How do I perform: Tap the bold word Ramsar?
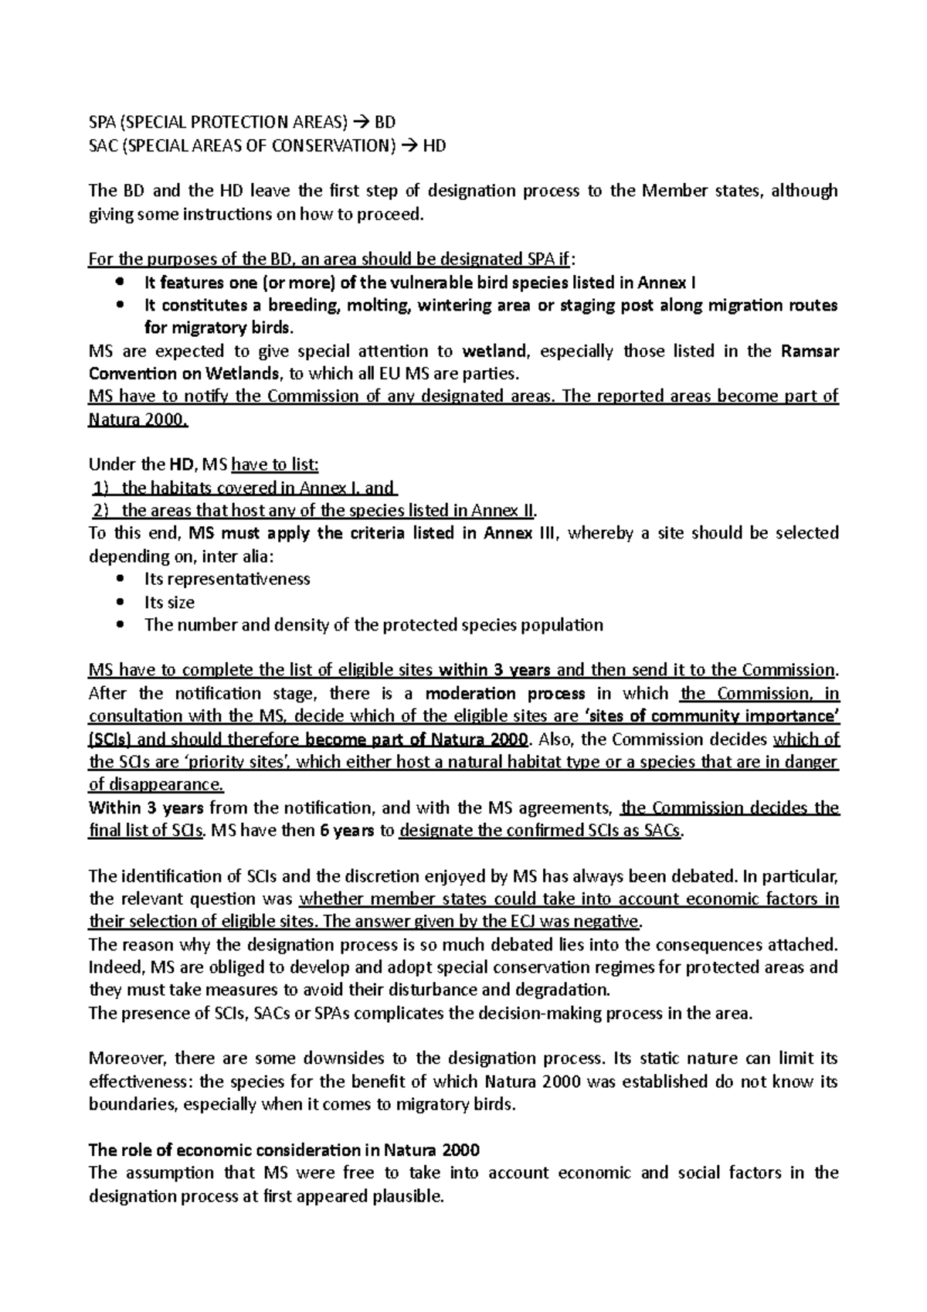[810, 352]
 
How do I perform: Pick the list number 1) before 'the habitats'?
[100, 488]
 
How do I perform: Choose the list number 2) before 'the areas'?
[100, 511]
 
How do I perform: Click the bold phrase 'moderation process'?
[505, 694]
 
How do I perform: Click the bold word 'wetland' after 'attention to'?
[495, 352]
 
